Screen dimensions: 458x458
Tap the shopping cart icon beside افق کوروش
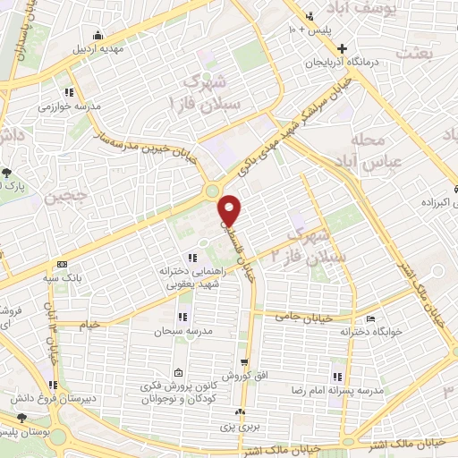(244, 362)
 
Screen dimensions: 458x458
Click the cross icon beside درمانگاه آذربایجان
(343, 47)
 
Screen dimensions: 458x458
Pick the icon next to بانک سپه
(61, 265)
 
